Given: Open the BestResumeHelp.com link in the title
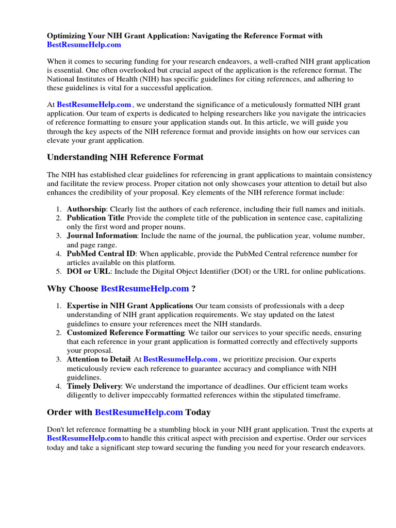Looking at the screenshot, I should click(x=84, y=45).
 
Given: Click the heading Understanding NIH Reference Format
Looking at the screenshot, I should click(x=125, y=157).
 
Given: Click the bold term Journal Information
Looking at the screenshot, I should click(x=102, y=236).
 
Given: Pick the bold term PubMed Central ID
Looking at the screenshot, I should click(x=101, y=254).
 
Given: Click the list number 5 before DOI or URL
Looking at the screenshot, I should click(x=59, y=271).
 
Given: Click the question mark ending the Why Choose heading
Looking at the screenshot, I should click(x=193, y=289).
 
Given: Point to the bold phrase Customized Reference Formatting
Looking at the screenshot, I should click(x=125, y=333).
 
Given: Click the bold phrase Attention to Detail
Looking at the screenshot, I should click(x=97, y=359).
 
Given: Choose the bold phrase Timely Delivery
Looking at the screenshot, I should click(x=94, y=386).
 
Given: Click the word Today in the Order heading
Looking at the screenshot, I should click(x=198, y=412).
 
